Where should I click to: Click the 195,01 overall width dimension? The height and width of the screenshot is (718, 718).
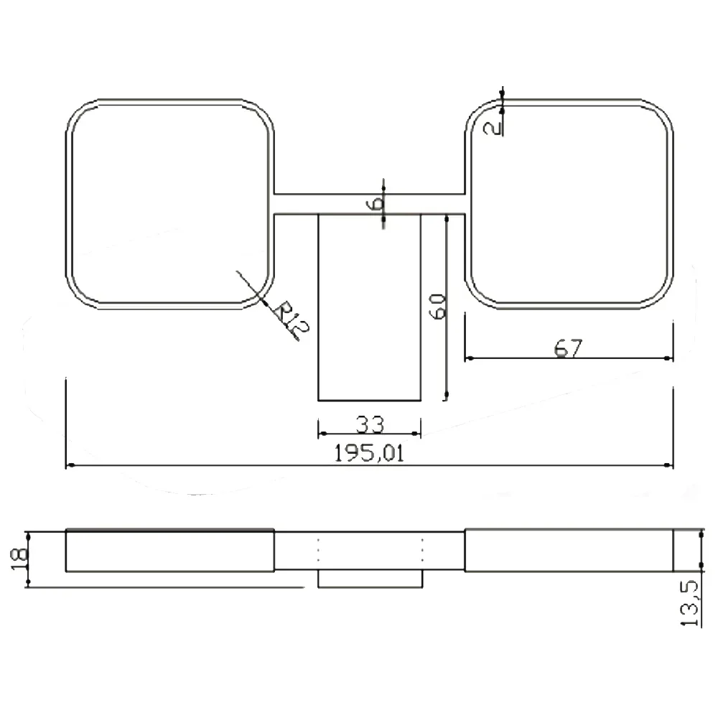[x=369, y=453]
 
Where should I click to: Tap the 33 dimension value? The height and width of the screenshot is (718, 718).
[x=370, y=424]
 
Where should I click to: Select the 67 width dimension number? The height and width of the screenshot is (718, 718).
[x=568, y=348]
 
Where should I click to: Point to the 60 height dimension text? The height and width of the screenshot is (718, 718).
[x=437, y=306]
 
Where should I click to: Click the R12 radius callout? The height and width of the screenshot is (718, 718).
[x=292, y=317]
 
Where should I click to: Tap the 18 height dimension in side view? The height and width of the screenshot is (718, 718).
[x=19, y=559]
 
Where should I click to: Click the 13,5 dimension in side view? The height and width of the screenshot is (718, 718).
[x=689, y=603]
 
